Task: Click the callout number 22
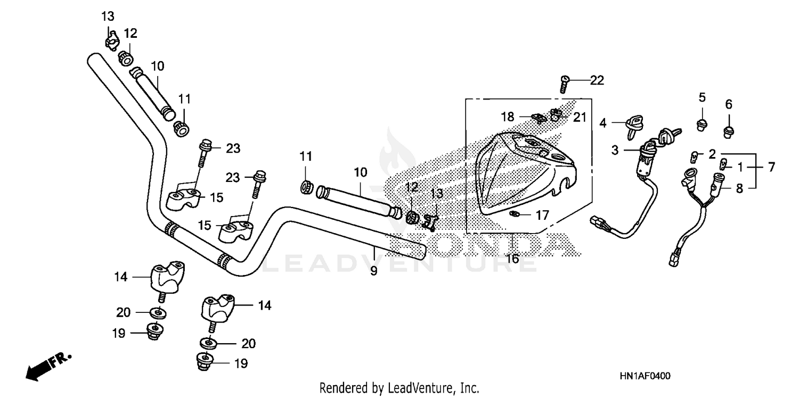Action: point(597,80)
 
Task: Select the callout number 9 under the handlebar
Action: point(374,271)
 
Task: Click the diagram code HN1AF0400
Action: point(645,376)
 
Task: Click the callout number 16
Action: point(512,259)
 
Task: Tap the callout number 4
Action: point(603,123)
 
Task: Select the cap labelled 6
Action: point(728,130)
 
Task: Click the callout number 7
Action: point(772,167)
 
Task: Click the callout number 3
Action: point(615,151)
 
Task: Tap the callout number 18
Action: point(508,117)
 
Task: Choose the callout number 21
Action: point(580,117)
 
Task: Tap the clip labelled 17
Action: point(515,214)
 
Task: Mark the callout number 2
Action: point(712,154)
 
